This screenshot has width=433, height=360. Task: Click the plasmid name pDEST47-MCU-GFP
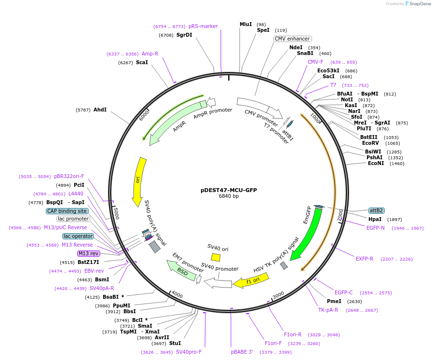(x=229, y=190)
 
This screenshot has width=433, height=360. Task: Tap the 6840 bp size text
(x=229, y=196)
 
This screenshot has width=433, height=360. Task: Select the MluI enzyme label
(x=246, y=24)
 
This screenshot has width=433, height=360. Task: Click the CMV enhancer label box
(x=293, y=39)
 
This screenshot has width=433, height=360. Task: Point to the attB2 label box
(x=376, y=210)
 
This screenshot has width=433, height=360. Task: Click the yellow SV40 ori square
(x=216, y=258)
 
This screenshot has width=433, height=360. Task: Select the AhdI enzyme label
(x=100, y=110)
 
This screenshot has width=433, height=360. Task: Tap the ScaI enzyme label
(x=142, y=63)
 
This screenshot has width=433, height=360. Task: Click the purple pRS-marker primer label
(x=203, y=26)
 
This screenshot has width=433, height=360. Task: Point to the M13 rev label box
(x=88, y=253)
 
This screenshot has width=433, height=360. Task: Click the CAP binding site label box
(x=67, y=211)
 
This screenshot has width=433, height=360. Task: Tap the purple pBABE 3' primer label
(x=242, y=352)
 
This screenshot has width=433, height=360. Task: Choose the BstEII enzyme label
(x=369, y=137)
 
